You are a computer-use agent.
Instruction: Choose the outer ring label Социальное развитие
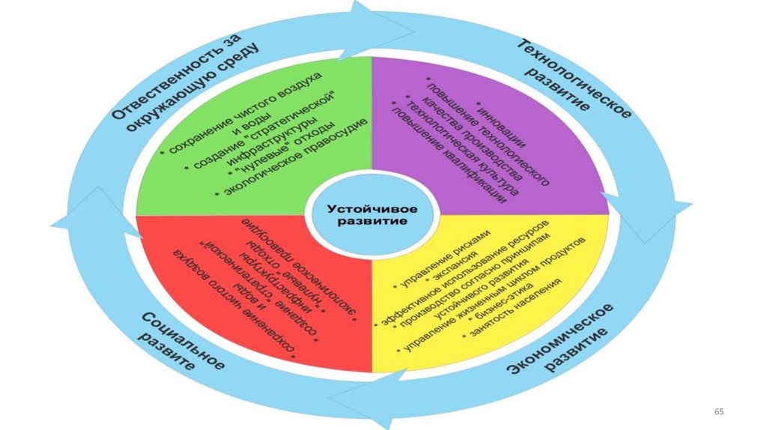(180, 340)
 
